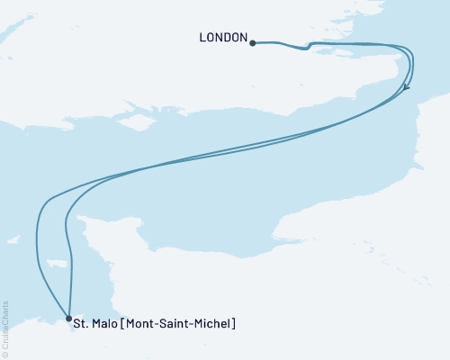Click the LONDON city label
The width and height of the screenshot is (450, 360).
click(221, 38)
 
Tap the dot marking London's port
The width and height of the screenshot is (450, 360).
click(253, 42)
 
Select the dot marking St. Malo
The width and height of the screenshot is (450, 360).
click(69, 318)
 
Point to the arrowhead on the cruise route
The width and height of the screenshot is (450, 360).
click(408, 87)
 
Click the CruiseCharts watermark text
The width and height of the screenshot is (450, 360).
click(5, 324)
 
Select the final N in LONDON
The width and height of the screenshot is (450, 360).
click(242, 38)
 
